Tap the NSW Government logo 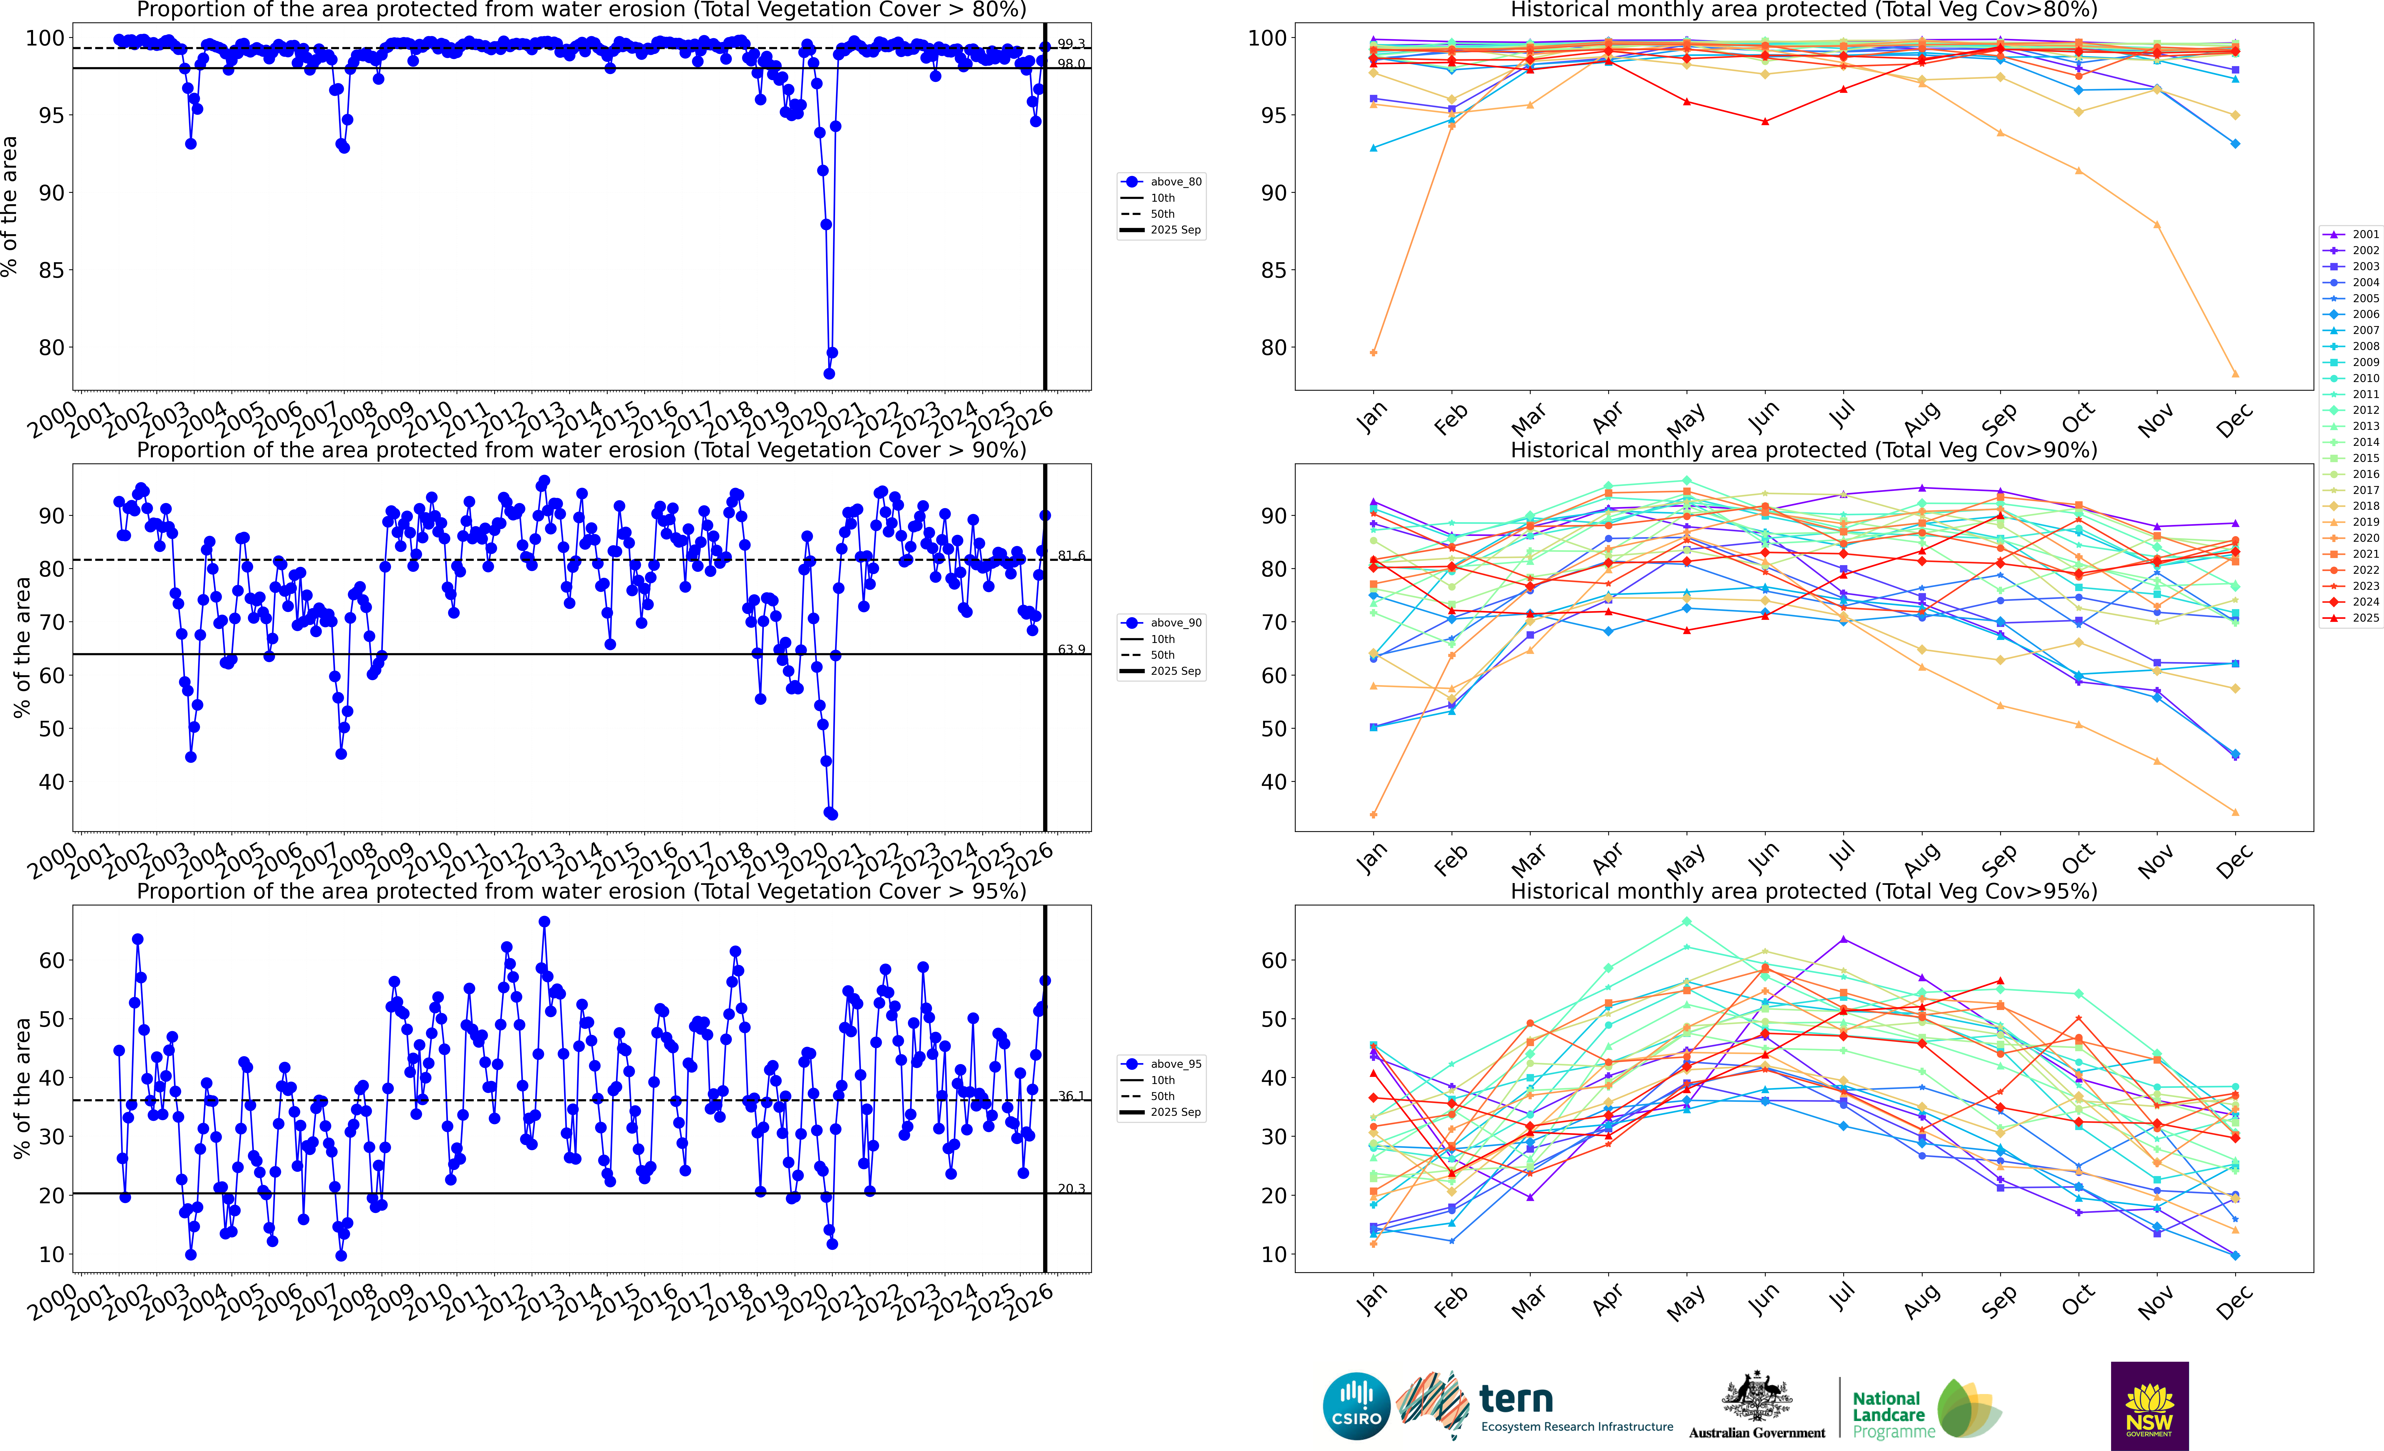[2149, 1405]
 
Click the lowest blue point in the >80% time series [829, 373]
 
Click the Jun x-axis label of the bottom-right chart [1763, 1301]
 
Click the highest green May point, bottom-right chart [1686, 922]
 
